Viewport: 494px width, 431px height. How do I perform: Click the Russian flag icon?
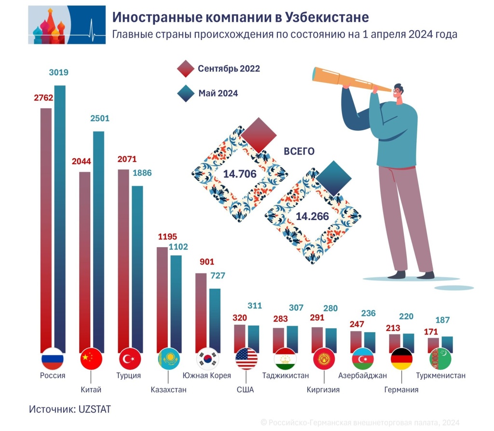52,359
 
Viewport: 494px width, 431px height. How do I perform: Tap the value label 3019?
59,73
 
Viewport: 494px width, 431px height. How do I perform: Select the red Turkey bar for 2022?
123,261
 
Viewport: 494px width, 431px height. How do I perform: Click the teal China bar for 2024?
98,241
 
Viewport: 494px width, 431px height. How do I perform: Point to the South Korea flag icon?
208,359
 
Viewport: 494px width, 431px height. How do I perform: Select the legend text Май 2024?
218,94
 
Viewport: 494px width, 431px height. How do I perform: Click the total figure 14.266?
313,216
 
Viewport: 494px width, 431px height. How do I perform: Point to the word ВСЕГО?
299,152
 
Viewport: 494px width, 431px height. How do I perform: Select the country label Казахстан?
168,389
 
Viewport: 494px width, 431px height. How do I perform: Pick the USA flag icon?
246,359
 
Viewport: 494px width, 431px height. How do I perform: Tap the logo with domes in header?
66,25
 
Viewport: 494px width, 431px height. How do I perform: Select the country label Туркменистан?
440,375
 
